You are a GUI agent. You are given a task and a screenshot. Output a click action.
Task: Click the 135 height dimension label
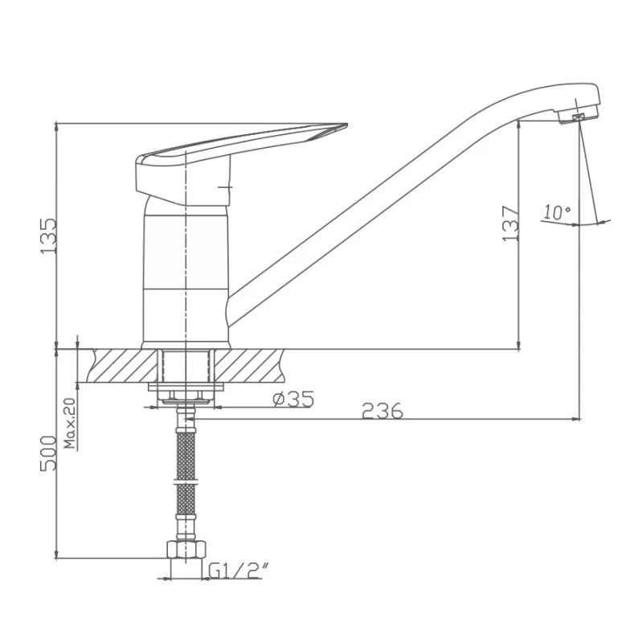[x=49, y=236]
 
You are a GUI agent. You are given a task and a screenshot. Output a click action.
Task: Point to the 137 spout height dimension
[x=511, y=223]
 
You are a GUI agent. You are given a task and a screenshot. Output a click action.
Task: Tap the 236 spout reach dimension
[x=383, y=411]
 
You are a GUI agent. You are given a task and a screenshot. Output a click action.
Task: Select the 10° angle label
[x=556, y=212]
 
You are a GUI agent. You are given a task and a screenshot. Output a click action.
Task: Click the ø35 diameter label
[x=293, y=399]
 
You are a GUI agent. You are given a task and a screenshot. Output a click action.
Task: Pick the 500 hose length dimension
[x=48, y=453]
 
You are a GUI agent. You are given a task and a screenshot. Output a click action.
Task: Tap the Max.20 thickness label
[x=70, y=423]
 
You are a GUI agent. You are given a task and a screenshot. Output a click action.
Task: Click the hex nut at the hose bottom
[x=186, y=549]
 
